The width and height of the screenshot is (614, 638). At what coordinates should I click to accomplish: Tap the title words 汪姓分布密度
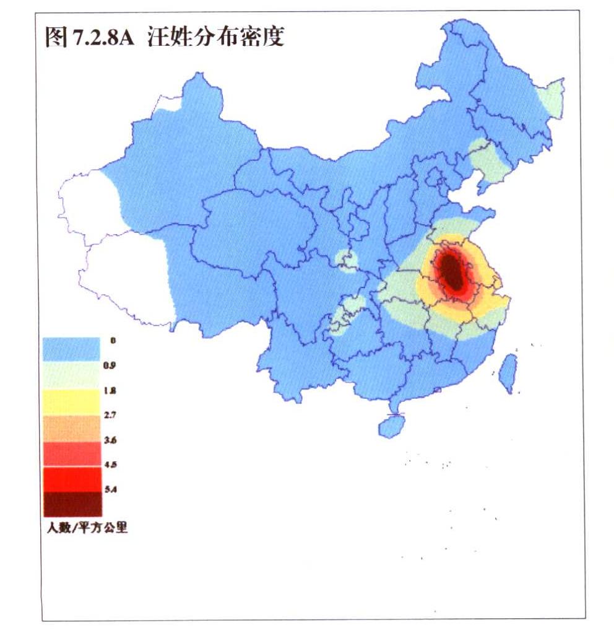216,38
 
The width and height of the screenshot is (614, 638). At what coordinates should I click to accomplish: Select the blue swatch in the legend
71,349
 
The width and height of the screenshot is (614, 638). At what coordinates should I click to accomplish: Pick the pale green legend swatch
71,375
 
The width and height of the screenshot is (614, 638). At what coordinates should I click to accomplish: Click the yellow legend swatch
71,401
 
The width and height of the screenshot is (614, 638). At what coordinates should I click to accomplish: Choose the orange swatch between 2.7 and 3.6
71,427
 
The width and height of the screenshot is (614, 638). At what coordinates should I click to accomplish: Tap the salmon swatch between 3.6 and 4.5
71,453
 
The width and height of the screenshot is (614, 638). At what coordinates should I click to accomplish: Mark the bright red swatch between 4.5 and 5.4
71,479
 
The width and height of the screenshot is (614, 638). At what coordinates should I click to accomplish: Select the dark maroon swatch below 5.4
71,504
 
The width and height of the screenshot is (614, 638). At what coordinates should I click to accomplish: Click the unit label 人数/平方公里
86,528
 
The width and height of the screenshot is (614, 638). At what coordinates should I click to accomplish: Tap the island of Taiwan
508,373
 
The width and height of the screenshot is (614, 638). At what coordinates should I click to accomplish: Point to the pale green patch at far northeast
551,99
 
